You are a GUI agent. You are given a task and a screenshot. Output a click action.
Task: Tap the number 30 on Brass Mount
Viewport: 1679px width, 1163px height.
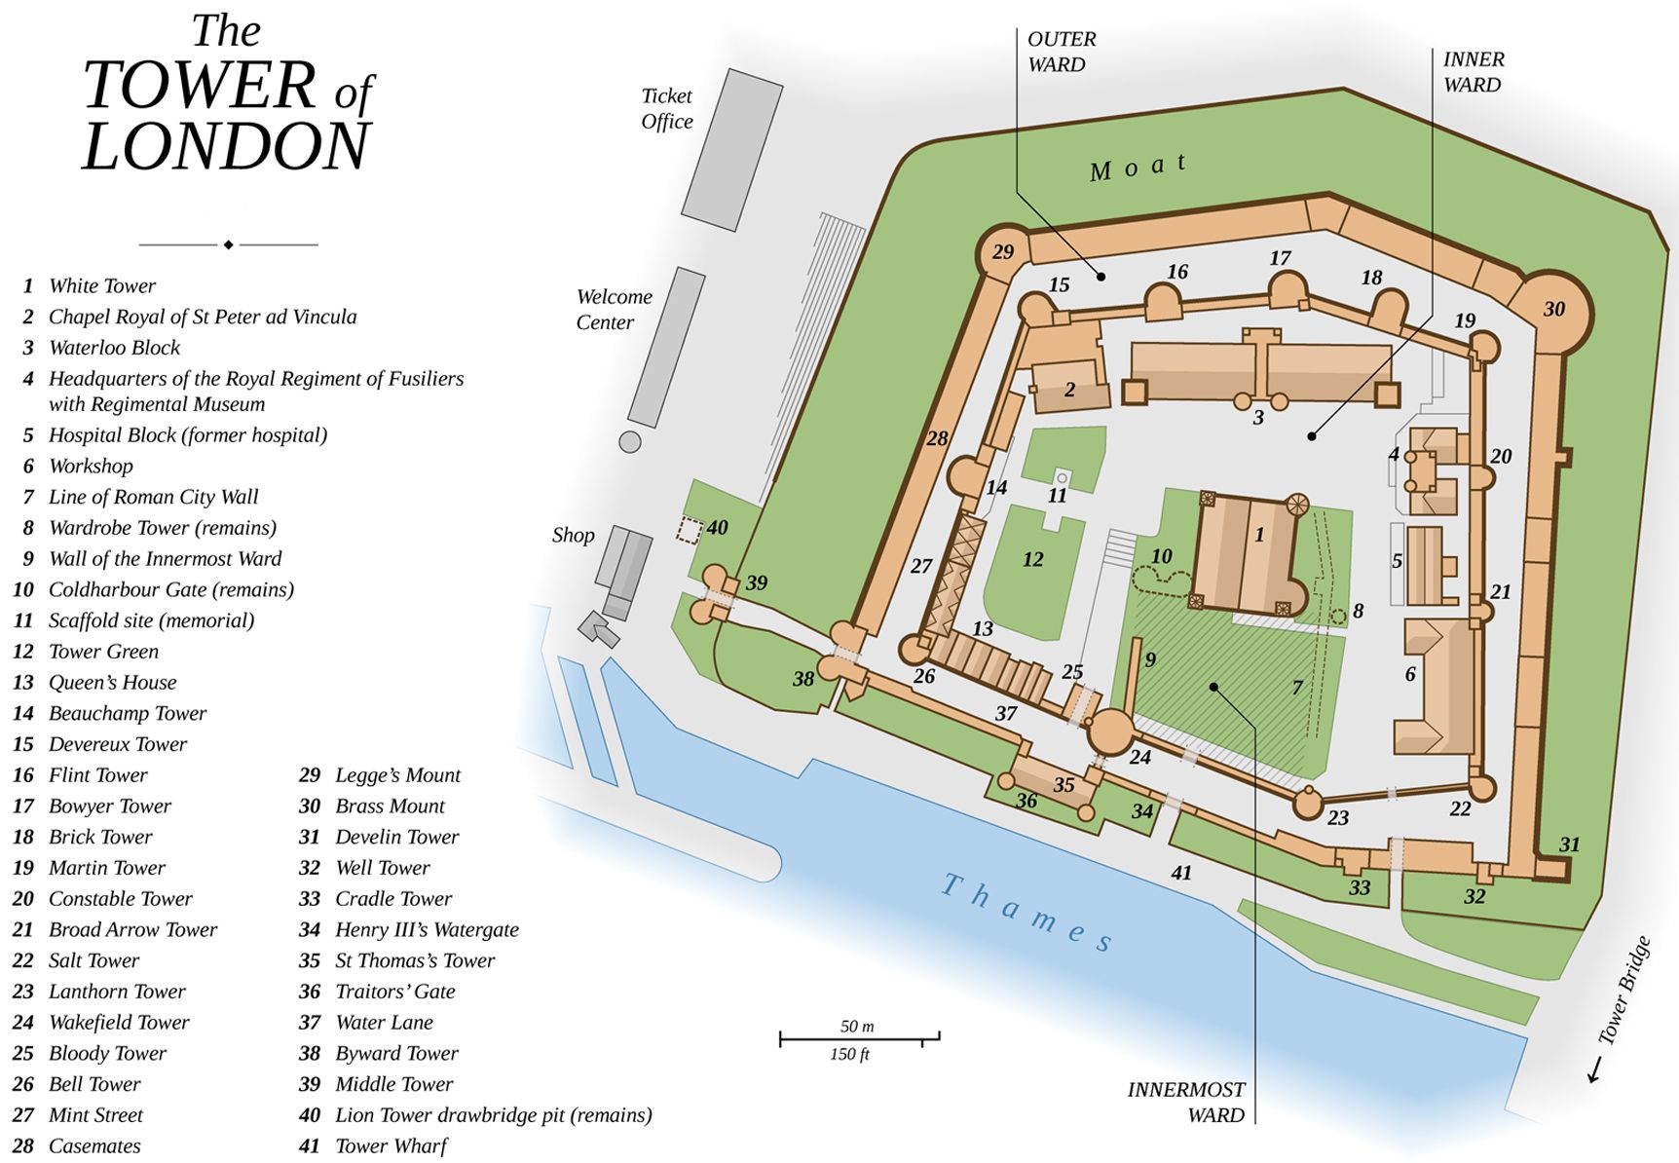click(1553, 310)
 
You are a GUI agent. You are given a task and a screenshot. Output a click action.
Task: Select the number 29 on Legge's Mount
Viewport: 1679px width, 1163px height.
click(1003, 252)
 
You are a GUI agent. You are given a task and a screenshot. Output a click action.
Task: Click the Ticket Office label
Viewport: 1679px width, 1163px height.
click(667, 108)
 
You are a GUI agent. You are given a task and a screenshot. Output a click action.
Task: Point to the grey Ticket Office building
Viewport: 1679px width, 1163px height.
click(731, 149)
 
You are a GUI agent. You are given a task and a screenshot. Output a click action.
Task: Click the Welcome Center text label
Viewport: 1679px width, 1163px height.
click(614, 309)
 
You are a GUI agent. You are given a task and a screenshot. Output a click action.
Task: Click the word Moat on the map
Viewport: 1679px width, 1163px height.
click(1138, 167)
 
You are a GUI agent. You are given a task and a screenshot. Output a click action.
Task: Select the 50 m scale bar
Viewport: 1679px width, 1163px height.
click(859, 1038)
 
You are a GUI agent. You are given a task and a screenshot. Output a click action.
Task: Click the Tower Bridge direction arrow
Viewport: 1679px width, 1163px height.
click(1595, 1069)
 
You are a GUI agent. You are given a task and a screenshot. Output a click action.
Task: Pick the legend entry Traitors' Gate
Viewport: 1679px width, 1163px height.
click(394, 992)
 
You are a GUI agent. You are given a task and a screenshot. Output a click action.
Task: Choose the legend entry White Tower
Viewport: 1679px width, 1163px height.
click(102, 285)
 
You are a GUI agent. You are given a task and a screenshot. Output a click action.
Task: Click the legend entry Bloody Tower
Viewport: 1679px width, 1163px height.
click(107, 1053)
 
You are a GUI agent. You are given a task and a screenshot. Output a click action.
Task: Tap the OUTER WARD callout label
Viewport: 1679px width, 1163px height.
click(1061, 52)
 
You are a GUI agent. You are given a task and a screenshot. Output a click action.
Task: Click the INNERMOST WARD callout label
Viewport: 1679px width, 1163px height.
click(1185, 1102)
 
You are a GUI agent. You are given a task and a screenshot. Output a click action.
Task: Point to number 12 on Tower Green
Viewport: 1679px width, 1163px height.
click(1032, 560)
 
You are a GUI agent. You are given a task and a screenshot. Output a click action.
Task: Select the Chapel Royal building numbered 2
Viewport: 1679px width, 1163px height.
click(1069, 387)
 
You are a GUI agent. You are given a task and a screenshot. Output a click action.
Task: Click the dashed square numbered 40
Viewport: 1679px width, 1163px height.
click(690, 530)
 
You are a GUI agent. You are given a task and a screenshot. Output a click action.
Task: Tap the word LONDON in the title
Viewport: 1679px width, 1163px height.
click(226, 147)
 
